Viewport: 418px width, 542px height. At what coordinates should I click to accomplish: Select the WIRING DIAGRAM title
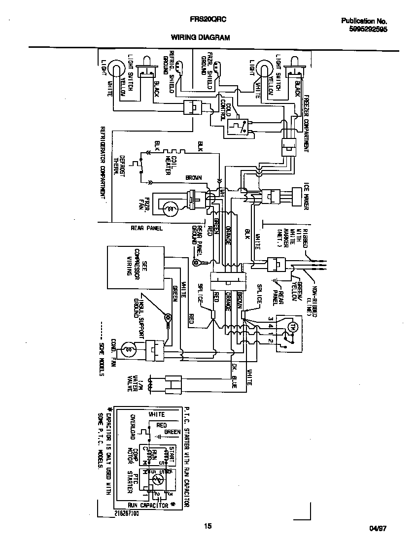tap(201, 37)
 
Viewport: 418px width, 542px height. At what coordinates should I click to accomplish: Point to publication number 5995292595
tap(368, 29)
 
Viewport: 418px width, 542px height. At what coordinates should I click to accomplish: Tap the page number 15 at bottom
tap(208, 526)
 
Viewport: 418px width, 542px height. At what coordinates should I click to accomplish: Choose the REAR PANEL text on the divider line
tap(146, 228)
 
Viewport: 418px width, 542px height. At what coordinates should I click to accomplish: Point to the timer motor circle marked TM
tap(291, 326)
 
